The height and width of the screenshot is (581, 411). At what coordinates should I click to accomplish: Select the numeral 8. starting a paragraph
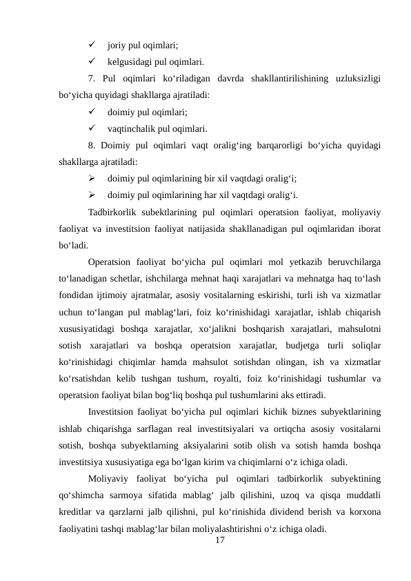(x=92, y=145)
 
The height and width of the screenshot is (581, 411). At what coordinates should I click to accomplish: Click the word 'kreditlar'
(x=78, y=513)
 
